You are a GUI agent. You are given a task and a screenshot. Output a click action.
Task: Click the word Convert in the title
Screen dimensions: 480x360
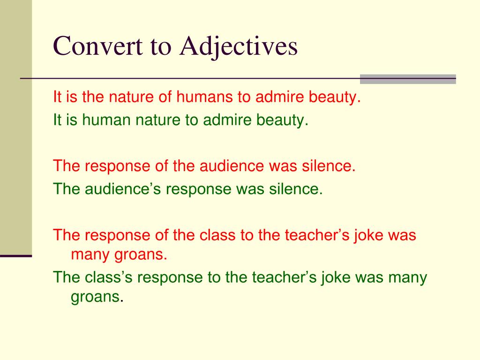click(97, 46)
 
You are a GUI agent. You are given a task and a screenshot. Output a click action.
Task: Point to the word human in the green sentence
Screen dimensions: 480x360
click(106, 120)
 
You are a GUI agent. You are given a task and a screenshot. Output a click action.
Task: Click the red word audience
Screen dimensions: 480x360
click(232, 166)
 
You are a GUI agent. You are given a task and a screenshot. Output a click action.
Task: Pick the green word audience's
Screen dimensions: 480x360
click(123, 189)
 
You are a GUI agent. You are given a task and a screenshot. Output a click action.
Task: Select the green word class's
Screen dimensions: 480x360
click(109, 277)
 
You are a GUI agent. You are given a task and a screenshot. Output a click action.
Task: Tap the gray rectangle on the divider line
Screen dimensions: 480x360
click(408, 79)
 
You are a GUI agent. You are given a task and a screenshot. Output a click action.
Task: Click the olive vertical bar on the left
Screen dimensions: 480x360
click(16, 127)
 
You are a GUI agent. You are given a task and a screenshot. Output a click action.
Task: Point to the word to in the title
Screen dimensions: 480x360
click(160, 47)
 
